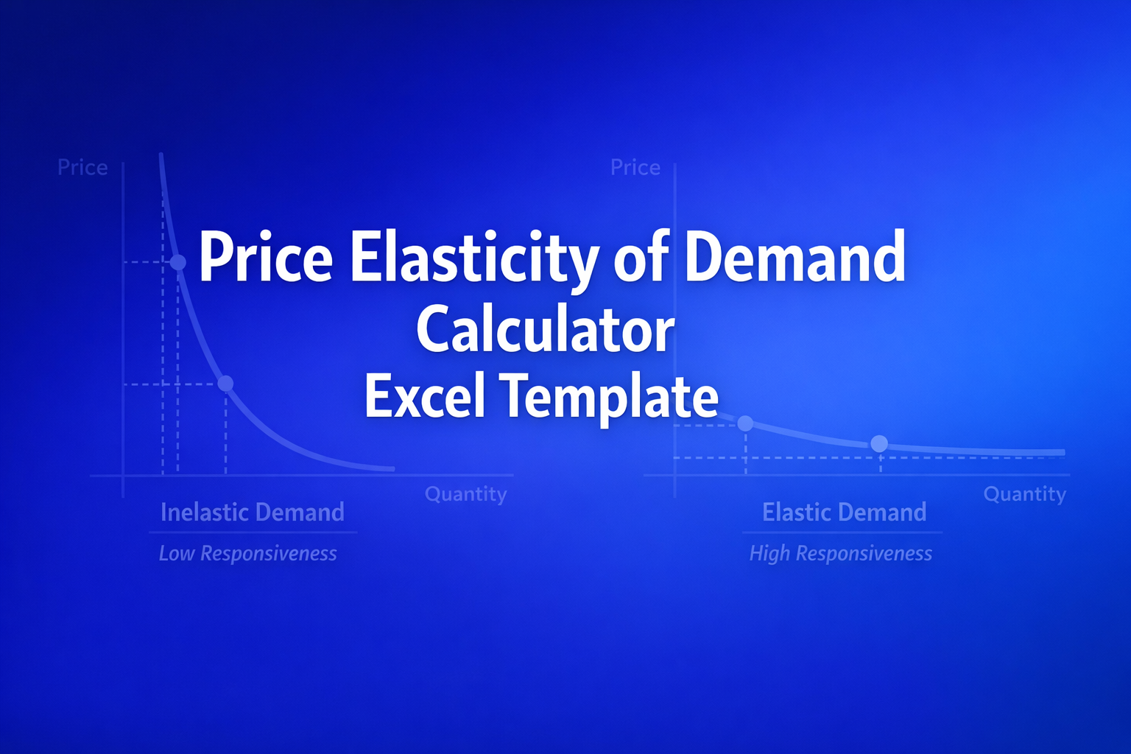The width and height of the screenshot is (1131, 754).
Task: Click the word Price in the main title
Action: [266, 257]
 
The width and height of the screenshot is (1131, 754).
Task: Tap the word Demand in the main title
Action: [794, 257]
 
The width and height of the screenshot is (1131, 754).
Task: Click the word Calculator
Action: [545, 330]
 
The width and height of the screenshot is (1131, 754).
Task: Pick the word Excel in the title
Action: [424, 396]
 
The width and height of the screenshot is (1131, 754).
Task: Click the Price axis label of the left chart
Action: [82, 168]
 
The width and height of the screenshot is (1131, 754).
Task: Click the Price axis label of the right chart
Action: [635, 168]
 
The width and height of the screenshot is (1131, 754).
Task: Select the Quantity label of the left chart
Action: [465, 494]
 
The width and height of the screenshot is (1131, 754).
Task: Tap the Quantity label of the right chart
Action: [1024, 494]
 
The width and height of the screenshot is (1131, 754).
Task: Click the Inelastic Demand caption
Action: [253, 512]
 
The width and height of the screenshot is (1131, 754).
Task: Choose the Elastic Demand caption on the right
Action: [844, 512]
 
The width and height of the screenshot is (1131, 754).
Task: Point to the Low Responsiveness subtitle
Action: [248, 554]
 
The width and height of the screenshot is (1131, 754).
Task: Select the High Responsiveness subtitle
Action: [841, 554]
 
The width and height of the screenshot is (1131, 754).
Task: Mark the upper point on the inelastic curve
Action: [178, 262]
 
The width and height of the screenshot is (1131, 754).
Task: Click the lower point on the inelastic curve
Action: [226, 384]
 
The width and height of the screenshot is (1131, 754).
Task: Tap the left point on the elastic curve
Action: [745, 423]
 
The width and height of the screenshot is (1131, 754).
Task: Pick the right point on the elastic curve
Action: [879, 443]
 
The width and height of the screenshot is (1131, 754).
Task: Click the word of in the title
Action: [641, 257]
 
